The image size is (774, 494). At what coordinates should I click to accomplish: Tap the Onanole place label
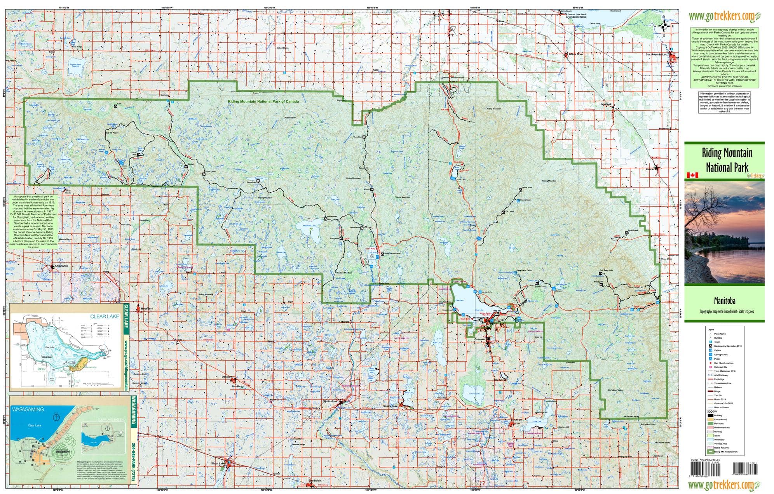pos(479,339)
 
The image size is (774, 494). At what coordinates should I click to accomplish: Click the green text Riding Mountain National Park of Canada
pos(263,101)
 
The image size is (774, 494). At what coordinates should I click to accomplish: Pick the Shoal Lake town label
pos(218,463)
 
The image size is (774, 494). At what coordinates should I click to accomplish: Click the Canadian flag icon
pos(692,175)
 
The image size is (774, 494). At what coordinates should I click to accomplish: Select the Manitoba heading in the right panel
pos(724,301)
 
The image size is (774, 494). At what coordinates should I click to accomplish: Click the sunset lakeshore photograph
pos(724,232)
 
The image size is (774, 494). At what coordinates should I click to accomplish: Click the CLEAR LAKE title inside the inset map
pos(105,316)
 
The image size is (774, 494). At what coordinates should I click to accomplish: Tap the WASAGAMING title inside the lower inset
pos(28,409)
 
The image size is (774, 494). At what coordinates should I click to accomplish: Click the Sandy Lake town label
pos(390,406)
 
